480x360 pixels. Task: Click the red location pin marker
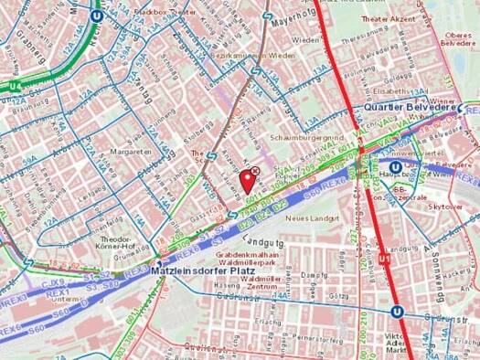244,179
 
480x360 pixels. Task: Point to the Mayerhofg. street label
313,15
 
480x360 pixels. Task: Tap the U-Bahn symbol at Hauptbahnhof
395,167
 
